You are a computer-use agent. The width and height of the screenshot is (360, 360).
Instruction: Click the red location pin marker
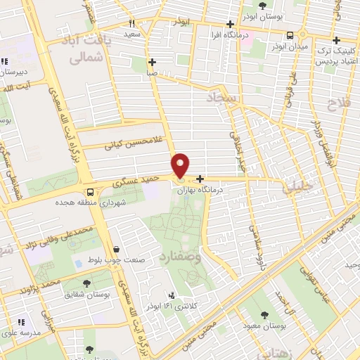click(181, 165)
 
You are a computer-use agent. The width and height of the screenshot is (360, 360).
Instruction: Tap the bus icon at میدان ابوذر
click(290, 36)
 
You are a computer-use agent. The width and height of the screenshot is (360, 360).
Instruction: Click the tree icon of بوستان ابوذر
click(262, 6)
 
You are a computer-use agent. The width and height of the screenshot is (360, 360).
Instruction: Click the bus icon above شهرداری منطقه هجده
click(90, 191)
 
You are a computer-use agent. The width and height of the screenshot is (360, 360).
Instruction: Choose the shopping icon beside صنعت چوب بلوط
click(115, 250)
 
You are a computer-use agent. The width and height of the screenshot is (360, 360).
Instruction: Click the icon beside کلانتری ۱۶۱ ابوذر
click(172, 295)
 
